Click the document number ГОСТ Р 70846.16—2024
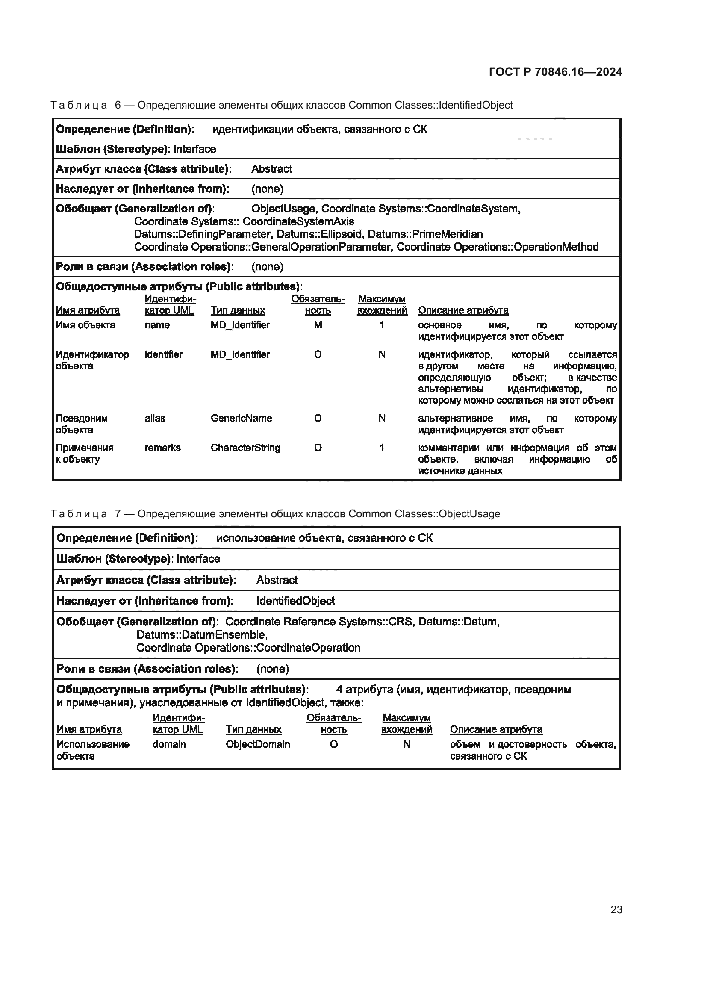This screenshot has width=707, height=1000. coord(556,72)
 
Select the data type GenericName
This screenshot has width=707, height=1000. coord(241,418)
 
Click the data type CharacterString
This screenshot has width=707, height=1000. coord(245,448)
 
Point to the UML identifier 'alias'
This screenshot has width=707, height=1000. coord(155,418)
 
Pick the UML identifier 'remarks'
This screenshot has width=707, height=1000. coord(162,448)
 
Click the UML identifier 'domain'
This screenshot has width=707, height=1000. coord(169,744)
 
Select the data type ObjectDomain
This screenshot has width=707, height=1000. coord(258,744)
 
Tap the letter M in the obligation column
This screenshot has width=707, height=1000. coord(318,325)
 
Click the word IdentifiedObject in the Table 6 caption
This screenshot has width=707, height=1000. coord(475,105)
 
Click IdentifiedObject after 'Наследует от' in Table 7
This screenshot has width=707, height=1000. coord(295,601)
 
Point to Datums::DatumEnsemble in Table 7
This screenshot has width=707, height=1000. coord(202,634)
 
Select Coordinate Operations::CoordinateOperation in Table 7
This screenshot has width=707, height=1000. coord(248,648)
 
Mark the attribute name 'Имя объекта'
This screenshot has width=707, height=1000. coord(85,325)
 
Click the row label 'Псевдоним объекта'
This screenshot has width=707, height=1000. coord(81,424)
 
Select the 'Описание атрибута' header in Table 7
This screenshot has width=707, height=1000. coord(496,729)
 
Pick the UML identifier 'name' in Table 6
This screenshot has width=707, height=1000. coord(157,325)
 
